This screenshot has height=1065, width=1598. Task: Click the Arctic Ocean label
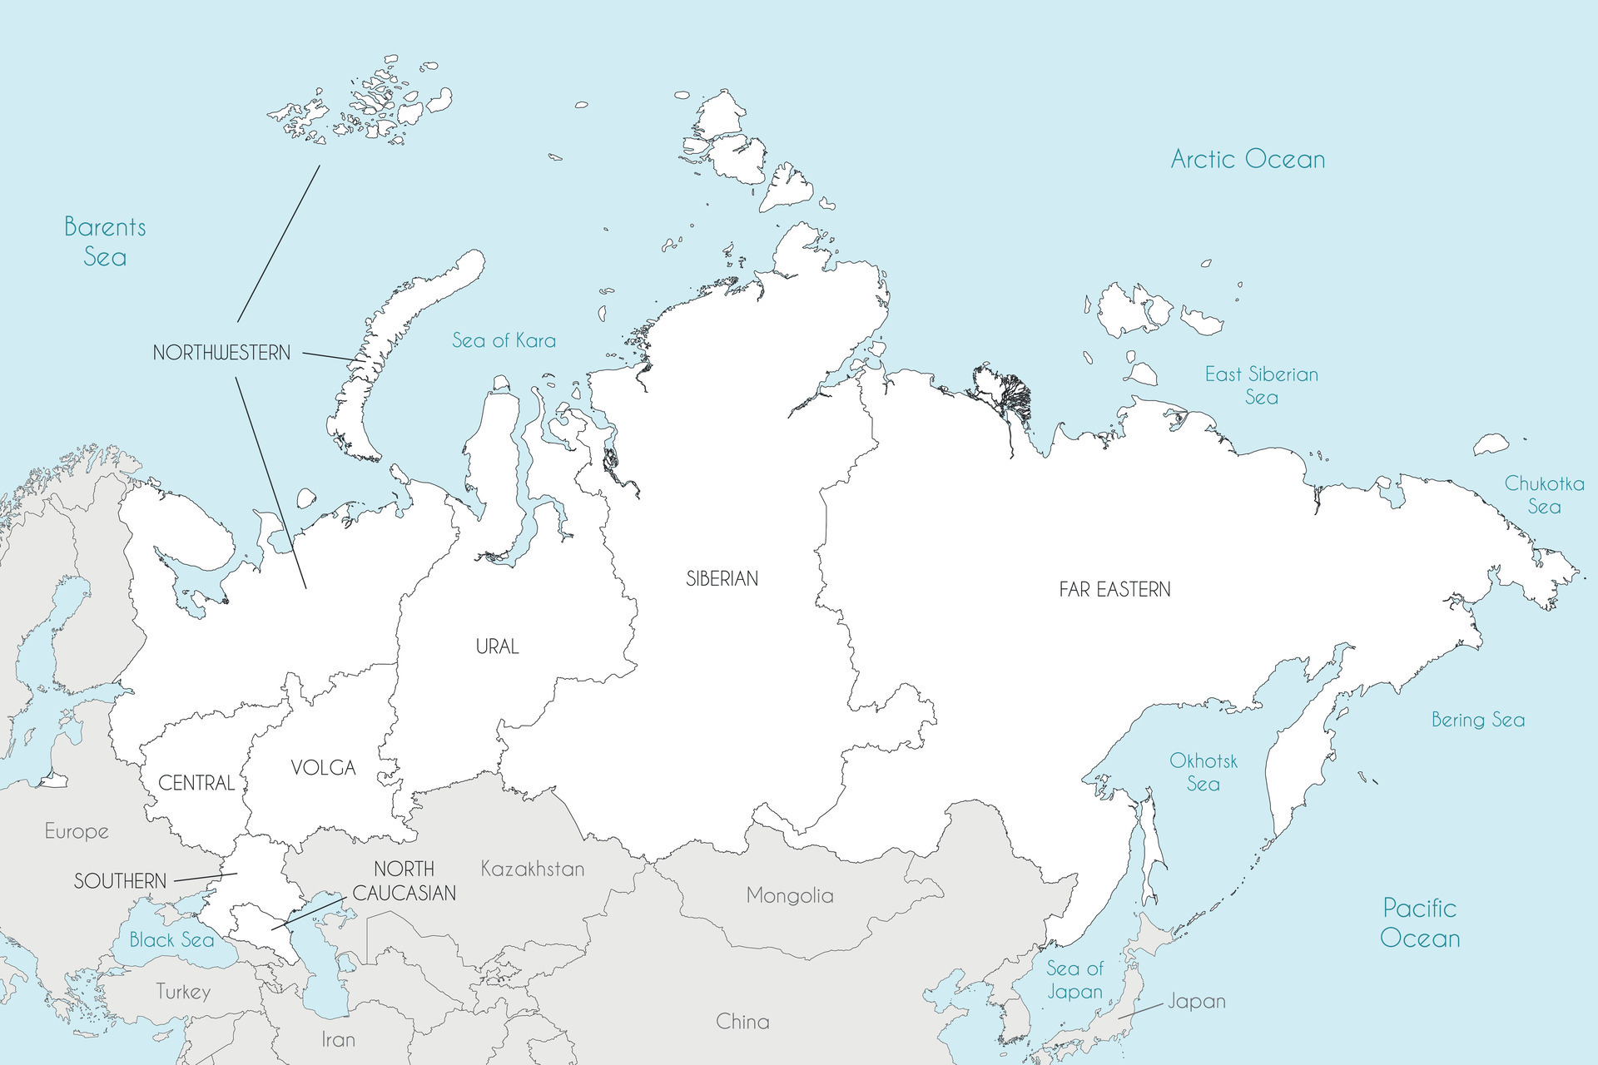pos(1248,159)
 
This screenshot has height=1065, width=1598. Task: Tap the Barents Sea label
pos(105,241)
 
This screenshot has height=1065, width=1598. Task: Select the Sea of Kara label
pos(504,340)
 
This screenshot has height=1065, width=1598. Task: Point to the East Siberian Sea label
pos(1262,385)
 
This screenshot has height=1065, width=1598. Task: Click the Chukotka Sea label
pos(1544,495)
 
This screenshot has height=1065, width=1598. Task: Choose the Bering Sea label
pos(1478,720)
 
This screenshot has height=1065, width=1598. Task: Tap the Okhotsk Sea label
pos(1203,772)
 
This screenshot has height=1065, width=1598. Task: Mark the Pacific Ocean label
pos(1420,923)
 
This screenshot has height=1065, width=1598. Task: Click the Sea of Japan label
pos(1074,979)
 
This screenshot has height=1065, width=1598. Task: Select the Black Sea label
pos(171,940)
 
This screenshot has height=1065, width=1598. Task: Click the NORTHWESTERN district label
pos(221,353)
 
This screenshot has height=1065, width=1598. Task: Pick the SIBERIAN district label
pos(722,578)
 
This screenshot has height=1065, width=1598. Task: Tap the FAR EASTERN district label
pos(1114,590)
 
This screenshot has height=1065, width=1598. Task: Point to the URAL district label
pos(497,646)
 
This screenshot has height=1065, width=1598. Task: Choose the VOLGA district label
pos(323,768)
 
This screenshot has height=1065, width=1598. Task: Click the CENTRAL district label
pos(196,783)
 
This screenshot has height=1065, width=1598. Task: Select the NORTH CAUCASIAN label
pos(404,881)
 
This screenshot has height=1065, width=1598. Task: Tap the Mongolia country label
pos(789,895)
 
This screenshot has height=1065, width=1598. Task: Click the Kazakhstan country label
pos(533,869)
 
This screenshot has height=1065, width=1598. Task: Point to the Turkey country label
pos(183,992)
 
